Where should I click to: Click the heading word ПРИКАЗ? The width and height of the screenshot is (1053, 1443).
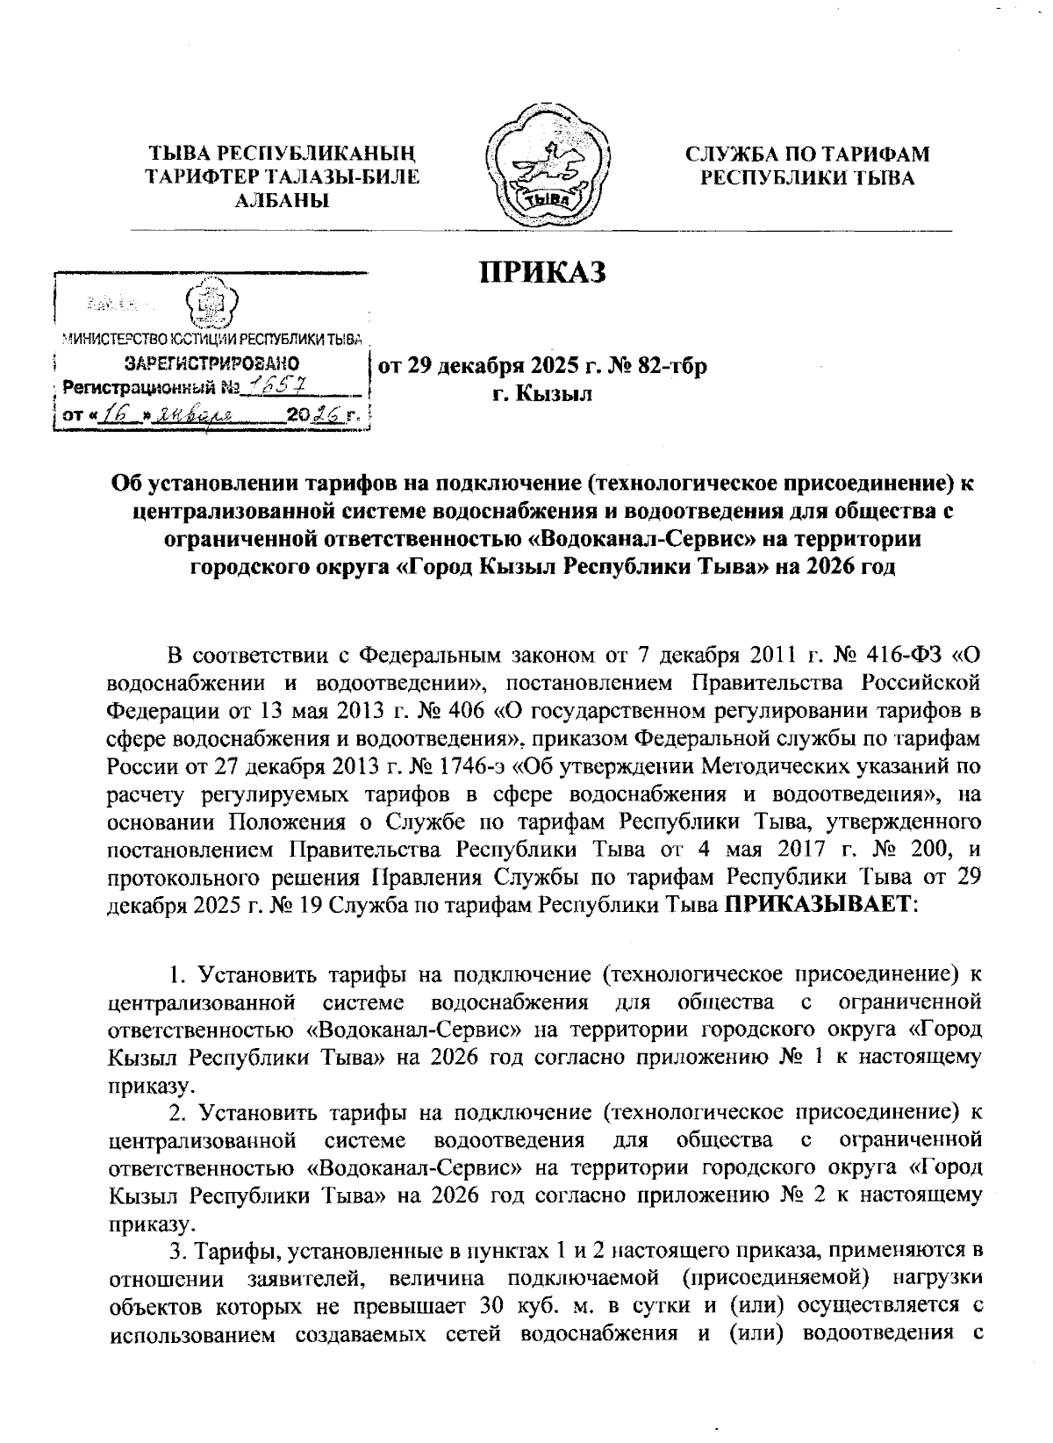click(x=542, y=273)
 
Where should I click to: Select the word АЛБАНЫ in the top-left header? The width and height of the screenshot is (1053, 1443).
click(x=282, y=201)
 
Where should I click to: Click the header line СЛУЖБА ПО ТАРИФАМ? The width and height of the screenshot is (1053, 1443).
click(x=806, y=155)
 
